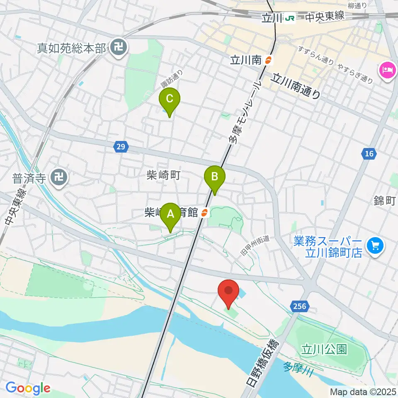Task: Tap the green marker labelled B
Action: [215, 177]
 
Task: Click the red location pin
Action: [228, 291]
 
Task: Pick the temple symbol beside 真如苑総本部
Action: [119, 49]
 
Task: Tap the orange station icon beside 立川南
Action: [269, 60]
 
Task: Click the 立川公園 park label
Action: [324, 349]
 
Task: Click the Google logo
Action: [28, 388]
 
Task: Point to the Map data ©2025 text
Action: [362, 391]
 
